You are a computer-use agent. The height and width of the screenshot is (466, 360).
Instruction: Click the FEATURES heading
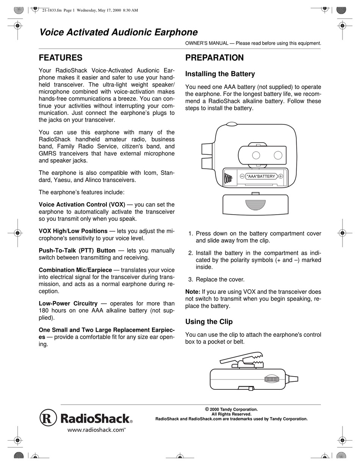(x=61, y=58)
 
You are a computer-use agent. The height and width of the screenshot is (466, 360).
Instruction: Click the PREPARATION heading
(x=214, y=58)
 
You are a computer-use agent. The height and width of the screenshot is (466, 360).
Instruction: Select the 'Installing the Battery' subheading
(x=220, y=74)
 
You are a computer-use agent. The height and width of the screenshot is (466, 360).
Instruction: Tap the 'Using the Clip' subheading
(x=209, y=322)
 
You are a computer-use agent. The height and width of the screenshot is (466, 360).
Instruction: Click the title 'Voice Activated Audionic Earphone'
(x=118, y=32)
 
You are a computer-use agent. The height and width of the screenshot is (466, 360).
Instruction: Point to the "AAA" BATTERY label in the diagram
(x=261, y=176)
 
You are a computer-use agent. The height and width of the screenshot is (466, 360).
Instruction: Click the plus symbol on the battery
(x=280, y=176)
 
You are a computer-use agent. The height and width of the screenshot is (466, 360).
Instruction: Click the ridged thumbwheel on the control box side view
(x=271, y=379)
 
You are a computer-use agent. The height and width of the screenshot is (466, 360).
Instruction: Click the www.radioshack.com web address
(x=96, y=430)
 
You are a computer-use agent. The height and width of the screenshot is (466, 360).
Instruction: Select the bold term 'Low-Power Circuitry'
(x=68, y=303)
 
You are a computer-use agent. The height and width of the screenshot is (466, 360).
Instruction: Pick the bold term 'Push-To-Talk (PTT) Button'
(x=77, y=250)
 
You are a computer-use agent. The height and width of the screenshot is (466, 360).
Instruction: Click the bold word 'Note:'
(x=193, y=292)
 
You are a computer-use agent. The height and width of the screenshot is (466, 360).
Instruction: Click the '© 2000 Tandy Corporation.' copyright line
(x=231, y=409)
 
